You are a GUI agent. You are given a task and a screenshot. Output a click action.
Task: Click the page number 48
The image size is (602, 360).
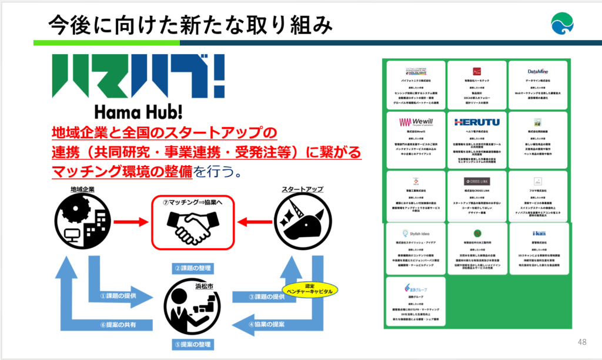pos(583,342)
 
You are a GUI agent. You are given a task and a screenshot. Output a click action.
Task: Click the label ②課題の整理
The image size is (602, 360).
pos(193,269)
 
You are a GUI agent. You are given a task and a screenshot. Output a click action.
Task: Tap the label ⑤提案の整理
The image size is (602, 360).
pos(193,344)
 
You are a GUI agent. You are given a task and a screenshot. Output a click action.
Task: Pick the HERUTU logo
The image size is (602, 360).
pos(477,122)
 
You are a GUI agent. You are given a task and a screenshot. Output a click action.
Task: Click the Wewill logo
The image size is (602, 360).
pos(415,122)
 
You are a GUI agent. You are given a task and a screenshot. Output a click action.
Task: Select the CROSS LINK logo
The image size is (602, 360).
pos(477,182)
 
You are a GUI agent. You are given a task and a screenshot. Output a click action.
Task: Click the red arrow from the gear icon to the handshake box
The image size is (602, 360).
pos(130,222)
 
